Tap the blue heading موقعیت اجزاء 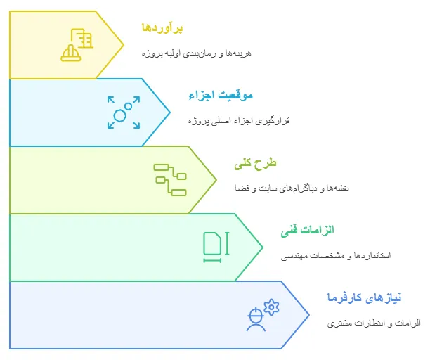(x=220, y=96)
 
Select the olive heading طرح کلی (x=256, y=163)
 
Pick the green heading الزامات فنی (x=306, y=230)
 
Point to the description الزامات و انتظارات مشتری (x=374, y=323)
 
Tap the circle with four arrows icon (x=124, y=112)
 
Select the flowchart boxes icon (x=170, y=179)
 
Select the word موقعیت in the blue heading (x=237, y=96)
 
